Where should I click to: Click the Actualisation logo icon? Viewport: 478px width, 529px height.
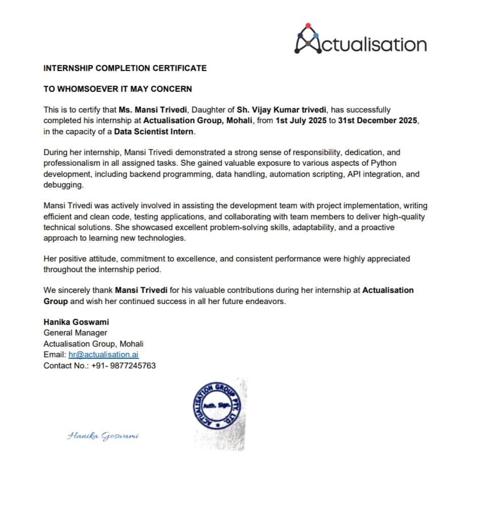tap(307, 39)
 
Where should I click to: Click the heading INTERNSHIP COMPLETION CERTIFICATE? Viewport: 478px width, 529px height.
tap(125, 68)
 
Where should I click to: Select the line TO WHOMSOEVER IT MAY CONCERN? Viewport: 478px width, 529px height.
tap(117, 89)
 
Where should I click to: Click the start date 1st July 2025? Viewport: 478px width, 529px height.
tap(301, 121)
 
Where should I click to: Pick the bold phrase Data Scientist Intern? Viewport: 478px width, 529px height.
tap(154, 132)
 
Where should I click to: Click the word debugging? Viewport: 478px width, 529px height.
tap(63, 185)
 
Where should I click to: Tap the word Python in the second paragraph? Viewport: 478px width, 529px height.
tap(385, 163)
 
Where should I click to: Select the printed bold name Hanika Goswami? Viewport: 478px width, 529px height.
tap(76, 322)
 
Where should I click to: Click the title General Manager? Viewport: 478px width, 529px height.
tap(75, 333)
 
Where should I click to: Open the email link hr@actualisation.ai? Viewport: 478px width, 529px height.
tap(103, 355)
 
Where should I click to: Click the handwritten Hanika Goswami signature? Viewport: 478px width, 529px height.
tap(103, 436)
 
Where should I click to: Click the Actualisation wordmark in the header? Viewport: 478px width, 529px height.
tap(373, 44)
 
